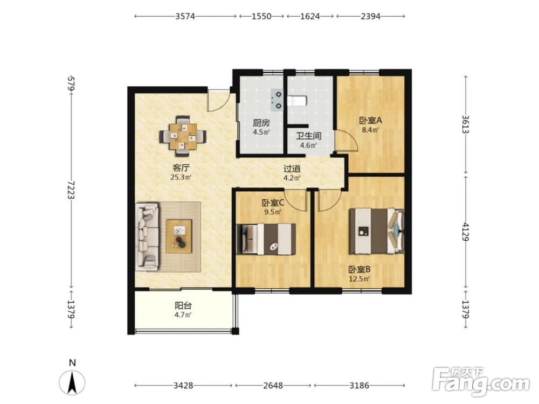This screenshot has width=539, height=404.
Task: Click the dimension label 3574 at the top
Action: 185,16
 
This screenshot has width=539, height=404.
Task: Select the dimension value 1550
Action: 261,16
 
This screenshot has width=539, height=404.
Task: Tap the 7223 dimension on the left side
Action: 72,190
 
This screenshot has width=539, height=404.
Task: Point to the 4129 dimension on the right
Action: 466,232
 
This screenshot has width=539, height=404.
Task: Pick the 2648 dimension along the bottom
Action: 273,386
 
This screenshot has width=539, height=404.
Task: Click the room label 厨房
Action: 261,123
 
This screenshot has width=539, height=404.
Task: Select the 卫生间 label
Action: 309,136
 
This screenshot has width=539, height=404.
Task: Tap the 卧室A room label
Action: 371,121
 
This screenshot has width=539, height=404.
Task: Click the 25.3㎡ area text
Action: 181,177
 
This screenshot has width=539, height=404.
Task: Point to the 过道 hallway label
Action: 292,169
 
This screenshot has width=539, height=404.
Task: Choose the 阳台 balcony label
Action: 183,305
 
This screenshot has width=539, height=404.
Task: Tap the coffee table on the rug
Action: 179,236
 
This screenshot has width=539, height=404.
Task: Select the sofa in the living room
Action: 147,236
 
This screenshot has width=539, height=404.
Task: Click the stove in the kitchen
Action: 277,100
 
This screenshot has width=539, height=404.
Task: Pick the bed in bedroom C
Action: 266,239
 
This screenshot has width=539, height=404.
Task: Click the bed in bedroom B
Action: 376,231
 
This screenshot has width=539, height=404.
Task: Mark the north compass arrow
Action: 72,382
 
